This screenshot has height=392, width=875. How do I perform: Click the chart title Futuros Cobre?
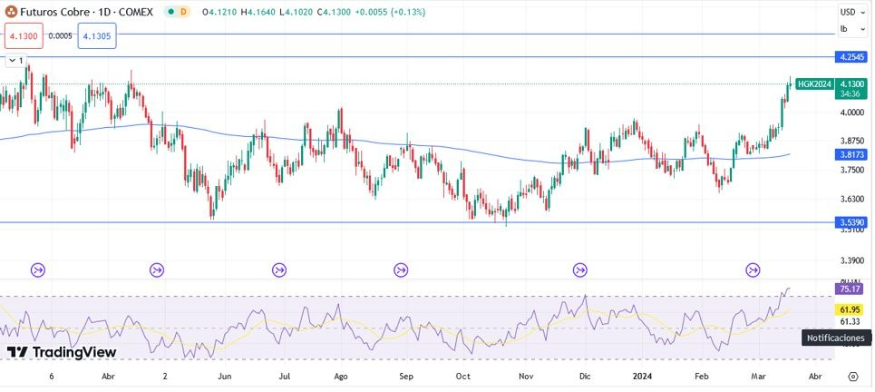(57, 12)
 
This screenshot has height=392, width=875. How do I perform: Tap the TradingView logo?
(62, 352)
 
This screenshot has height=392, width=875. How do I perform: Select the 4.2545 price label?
(851, 57)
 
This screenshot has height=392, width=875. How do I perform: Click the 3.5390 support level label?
(851, 222)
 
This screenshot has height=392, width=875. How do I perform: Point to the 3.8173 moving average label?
(851, 155)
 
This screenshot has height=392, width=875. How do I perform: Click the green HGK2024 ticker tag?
(814, 84)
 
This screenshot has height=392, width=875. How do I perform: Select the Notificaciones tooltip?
(835, 338)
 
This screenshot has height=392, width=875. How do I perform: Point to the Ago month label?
(341, 375)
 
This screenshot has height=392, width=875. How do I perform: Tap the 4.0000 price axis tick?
(851, 113)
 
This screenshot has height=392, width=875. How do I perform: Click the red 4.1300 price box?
(24, 36)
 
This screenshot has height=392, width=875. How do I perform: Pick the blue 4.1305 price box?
(96, 36)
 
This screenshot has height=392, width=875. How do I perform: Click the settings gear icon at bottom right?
(853, 375)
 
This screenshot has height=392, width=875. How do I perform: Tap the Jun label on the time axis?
(226, 375)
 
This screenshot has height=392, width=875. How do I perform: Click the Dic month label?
(585, 375)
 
